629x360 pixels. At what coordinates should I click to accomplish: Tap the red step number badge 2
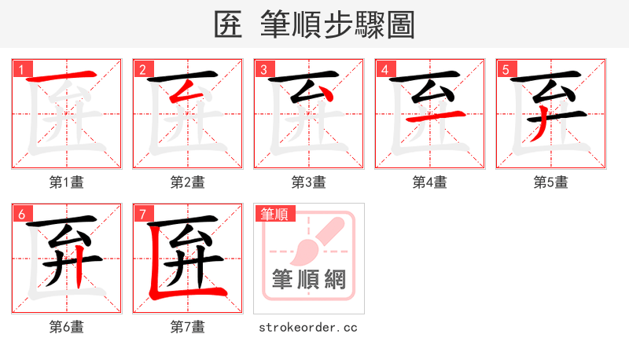pos(142,69)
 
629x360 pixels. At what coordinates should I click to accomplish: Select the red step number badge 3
pos(263,69)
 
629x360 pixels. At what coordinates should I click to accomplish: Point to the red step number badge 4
pos(384,69)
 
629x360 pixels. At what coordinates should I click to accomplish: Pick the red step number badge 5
pos(506,69)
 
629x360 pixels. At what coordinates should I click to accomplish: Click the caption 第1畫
pos(67,182)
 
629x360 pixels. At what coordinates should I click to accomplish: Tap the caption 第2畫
pos(188,182)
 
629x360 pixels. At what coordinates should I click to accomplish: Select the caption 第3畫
pos(309,182)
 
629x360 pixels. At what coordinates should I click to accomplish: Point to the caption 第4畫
pos(430,182)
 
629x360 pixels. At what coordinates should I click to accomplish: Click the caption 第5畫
pos(551,182)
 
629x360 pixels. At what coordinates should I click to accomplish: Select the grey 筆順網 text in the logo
pos(309,279)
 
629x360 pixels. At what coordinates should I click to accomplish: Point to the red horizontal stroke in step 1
pos(66,76)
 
